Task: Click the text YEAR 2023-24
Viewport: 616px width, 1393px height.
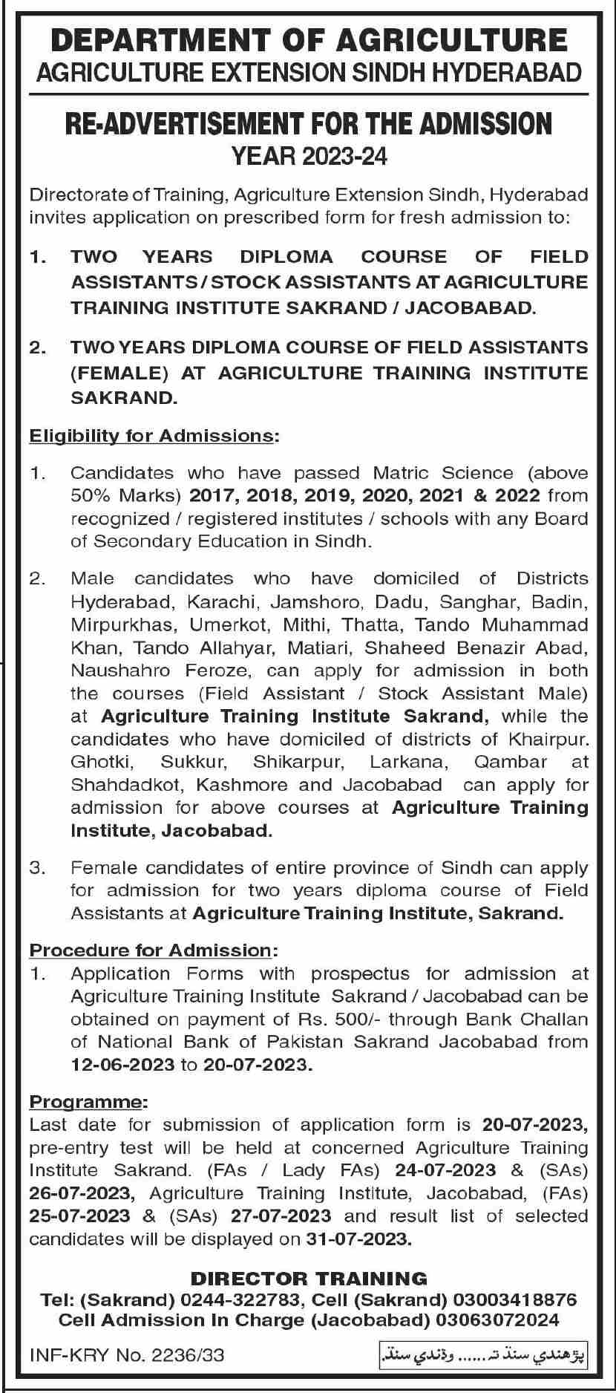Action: tap(309, 157)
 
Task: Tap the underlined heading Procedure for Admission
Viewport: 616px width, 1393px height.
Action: tap(151, 950)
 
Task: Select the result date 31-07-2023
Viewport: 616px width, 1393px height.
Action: tap(358, 1239)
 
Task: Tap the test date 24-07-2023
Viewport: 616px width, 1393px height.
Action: tap(445, 1170)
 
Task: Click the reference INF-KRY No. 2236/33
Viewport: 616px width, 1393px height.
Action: tap(126, 1356)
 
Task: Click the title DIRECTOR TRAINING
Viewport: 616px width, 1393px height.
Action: tap(309, 1278)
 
